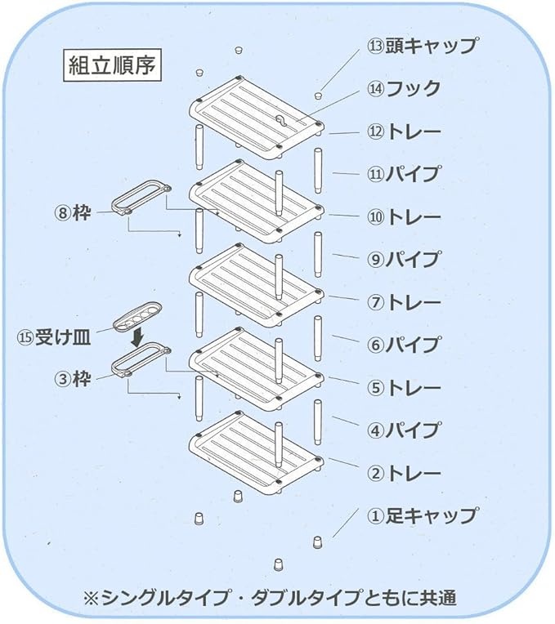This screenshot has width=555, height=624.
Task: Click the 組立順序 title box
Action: click(x=113, y=65)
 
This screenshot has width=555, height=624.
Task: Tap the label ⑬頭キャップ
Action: click(x=422, y=46)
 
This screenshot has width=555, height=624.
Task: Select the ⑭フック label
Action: click(x=404, y=88)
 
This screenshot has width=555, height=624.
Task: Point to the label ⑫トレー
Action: click(x=404, y=131)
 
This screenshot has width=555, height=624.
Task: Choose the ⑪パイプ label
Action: click(x=404, y=174)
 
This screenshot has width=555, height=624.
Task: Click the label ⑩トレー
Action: click(x=404, y=217)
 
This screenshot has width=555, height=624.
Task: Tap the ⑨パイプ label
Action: click(x=404, y=260)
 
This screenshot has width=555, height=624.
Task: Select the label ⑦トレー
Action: click(x=404, y=302)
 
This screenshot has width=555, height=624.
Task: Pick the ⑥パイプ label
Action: click(x=404, y=345)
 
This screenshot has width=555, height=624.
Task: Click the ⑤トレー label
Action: click(x=404, y=388)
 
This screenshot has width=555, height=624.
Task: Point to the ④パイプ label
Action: click(x=404, y=430)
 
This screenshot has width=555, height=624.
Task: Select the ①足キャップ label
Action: click(x=422, y=516)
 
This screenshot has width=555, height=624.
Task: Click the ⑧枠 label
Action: click(x=73, y=213)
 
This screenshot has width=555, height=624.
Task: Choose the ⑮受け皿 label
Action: click(x=54, y=338)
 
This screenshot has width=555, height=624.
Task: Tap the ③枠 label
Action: click(x=73, y=379)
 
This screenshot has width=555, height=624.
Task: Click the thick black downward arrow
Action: click(x=138, y=337)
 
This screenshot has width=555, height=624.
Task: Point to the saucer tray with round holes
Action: click(x=137, y=316)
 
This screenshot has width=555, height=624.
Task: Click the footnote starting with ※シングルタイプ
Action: click(x=270, y=597)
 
